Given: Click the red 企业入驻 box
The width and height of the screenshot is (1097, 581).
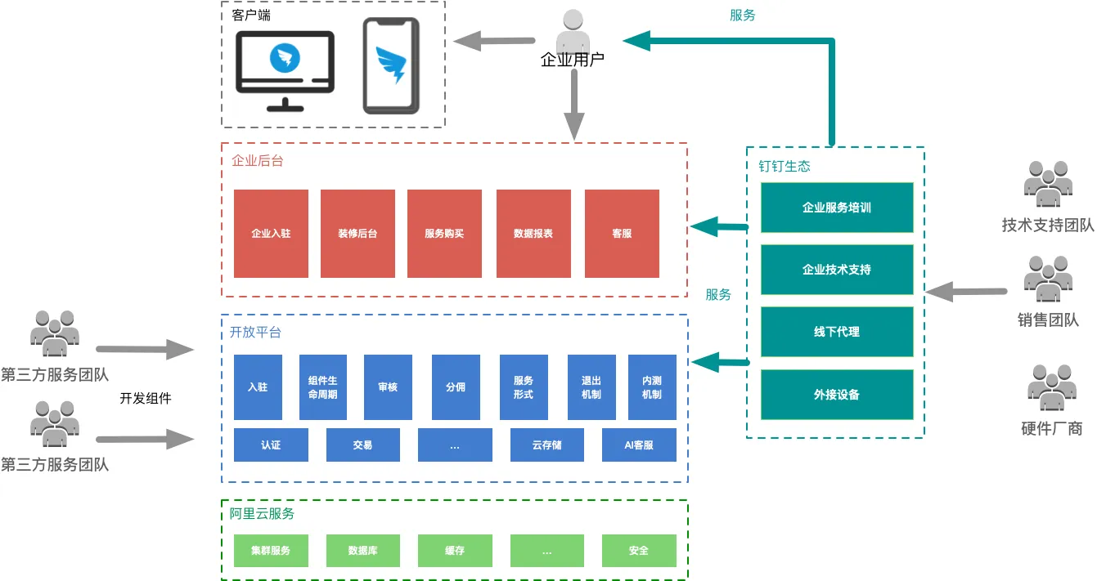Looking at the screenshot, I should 271,234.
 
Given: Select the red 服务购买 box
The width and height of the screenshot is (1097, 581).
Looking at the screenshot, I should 444,234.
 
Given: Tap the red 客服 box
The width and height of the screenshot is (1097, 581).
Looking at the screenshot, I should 622,234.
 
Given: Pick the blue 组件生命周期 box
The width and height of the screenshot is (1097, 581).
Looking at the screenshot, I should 322,387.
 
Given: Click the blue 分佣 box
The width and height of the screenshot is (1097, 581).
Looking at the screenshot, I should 456,387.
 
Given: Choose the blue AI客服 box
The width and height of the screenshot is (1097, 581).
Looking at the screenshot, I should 639,445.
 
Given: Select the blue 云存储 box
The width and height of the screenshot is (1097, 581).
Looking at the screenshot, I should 546,445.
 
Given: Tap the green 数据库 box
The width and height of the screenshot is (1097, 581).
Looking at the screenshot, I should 362,551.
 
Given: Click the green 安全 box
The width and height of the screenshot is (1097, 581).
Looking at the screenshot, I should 639,551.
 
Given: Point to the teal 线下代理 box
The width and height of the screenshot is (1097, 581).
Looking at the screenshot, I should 837,332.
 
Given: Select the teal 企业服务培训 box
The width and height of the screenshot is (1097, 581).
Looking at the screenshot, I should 837,208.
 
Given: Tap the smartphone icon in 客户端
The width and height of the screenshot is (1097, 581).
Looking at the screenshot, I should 391,65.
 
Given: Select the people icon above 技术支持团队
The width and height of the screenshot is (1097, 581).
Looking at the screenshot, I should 1048,184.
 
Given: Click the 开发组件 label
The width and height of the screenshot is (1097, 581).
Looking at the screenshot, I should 146,399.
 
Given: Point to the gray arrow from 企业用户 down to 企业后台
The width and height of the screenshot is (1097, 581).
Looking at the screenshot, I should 574,104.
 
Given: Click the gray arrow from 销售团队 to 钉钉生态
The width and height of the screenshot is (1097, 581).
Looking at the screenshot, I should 966,291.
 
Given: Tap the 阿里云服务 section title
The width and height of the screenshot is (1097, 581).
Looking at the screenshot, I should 262,514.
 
